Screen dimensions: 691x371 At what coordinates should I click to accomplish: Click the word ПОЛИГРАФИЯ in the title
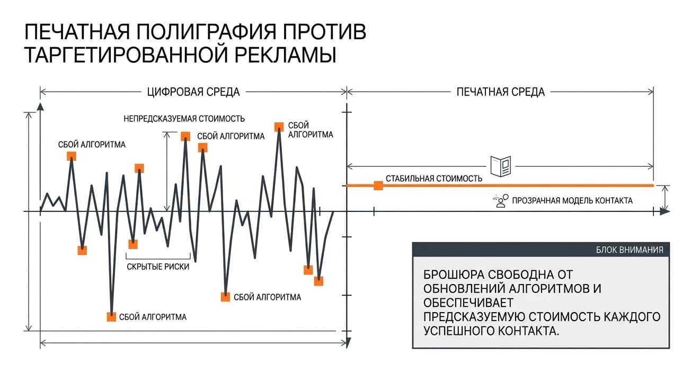(x=206, y=32)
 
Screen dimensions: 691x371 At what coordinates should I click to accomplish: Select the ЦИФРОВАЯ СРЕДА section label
(x=193, y=92)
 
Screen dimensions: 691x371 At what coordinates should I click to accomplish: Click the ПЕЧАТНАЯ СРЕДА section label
(x=501, y=92)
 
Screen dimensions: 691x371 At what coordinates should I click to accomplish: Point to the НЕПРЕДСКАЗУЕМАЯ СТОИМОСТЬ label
(x=184, y=119)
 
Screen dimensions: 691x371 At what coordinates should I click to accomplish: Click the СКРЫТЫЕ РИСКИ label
(x=158, y=267)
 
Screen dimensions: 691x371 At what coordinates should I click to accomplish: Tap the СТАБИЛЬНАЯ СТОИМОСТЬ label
(x=434, y=179)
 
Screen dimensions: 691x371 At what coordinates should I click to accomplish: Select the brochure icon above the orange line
(x=501, y=166)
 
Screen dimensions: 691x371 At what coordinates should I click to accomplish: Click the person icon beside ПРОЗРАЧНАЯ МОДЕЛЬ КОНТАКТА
(x=500, y=201)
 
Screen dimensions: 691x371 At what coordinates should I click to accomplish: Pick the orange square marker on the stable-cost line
(x=378, y=185)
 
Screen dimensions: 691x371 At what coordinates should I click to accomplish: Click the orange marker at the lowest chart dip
(x=111, y=317)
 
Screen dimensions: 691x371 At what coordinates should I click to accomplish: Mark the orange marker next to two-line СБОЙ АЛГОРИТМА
(x=279, y=127)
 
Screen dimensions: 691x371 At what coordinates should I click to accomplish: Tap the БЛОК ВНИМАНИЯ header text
(x=630, y=250)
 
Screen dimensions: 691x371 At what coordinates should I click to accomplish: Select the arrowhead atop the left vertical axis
(x=40, y=107)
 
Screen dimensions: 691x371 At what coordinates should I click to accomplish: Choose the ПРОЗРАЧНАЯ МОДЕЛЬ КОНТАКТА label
(x=572, y=201)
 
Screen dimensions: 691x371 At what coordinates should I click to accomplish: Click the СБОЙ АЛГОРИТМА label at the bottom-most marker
(x=153, y=317)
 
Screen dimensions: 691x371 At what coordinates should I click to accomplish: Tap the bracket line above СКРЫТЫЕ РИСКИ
(x=158, y=258)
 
